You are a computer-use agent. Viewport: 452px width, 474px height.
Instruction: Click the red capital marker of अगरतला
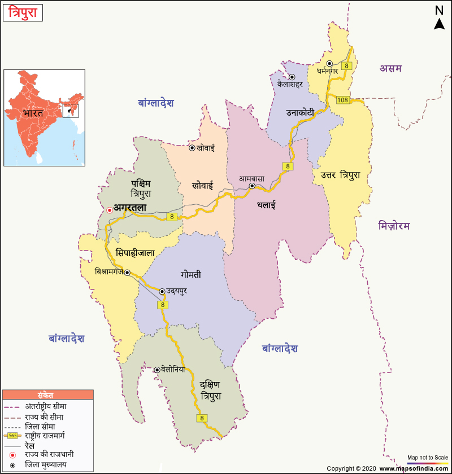110,210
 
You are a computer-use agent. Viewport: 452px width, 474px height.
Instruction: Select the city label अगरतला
131,208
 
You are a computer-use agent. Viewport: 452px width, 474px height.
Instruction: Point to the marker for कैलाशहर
292,77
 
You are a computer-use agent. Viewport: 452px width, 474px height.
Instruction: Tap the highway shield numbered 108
342,100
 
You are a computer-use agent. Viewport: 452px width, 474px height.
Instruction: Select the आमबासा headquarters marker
253,186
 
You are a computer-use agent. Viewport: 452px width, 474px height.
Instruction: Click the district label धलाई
266,205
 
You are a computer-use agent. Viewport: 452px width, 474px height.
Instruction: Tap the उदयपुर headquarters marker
162,292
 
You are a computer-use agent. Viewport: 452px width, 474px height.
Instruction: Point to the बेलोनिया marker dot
157,370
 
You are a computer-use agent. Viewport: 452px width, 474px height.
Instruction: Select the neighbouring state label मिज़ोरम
394,226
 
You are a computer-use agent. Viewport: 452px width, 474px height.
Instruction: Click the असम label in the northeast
390,68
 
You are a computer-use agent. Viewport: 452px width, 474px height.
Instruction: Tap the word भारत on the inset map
33,113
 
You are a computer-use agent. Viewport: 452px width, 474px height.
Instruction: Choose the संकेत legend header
46,394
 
